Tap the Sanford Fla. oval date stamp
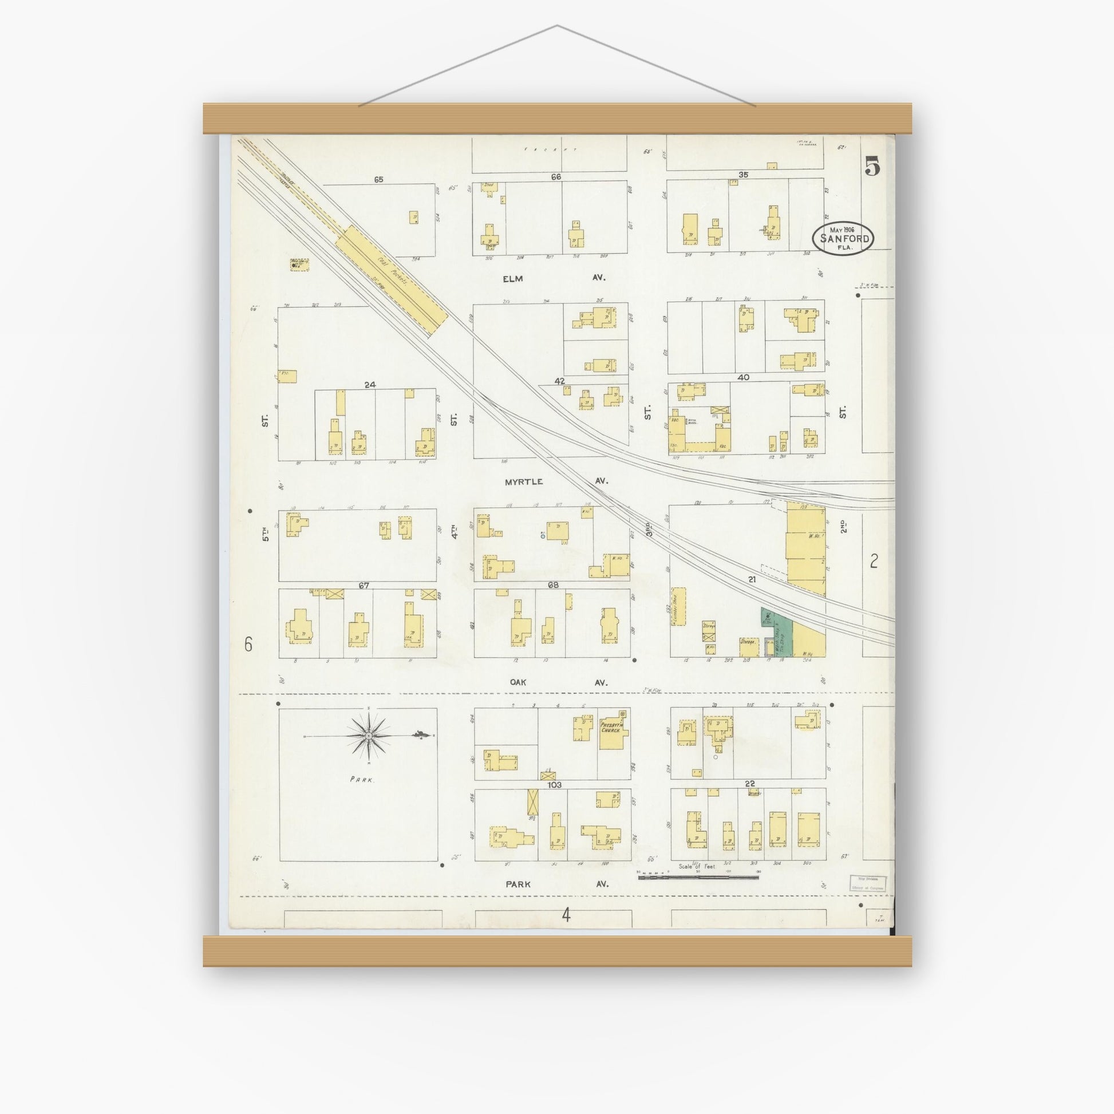pos(843,238)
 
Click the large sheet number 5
pos(872,167)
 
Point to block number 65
pos(378,179)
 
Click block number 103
pos(555,785)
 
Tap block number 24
pos(370,384)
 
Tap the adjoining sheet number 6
pos(248,644)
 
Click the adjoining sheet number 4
pos(566,915)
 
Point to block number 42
pos(559,381)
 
